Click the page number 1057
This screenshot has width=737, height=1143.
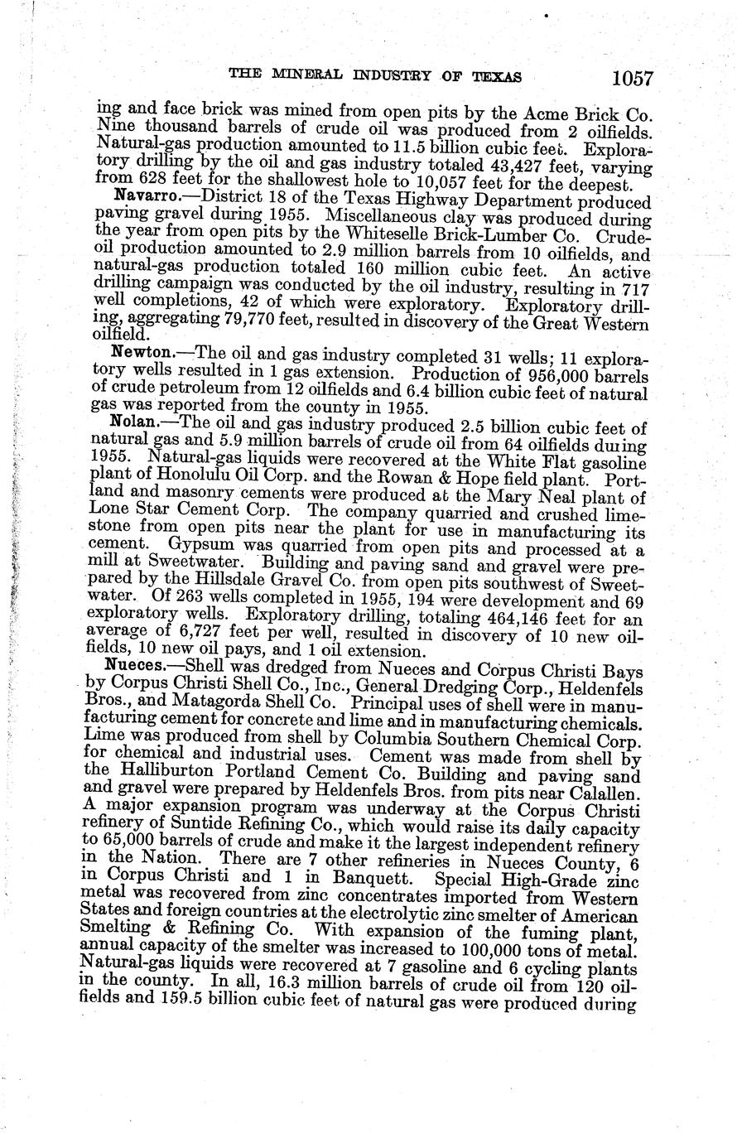(633, 79)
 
